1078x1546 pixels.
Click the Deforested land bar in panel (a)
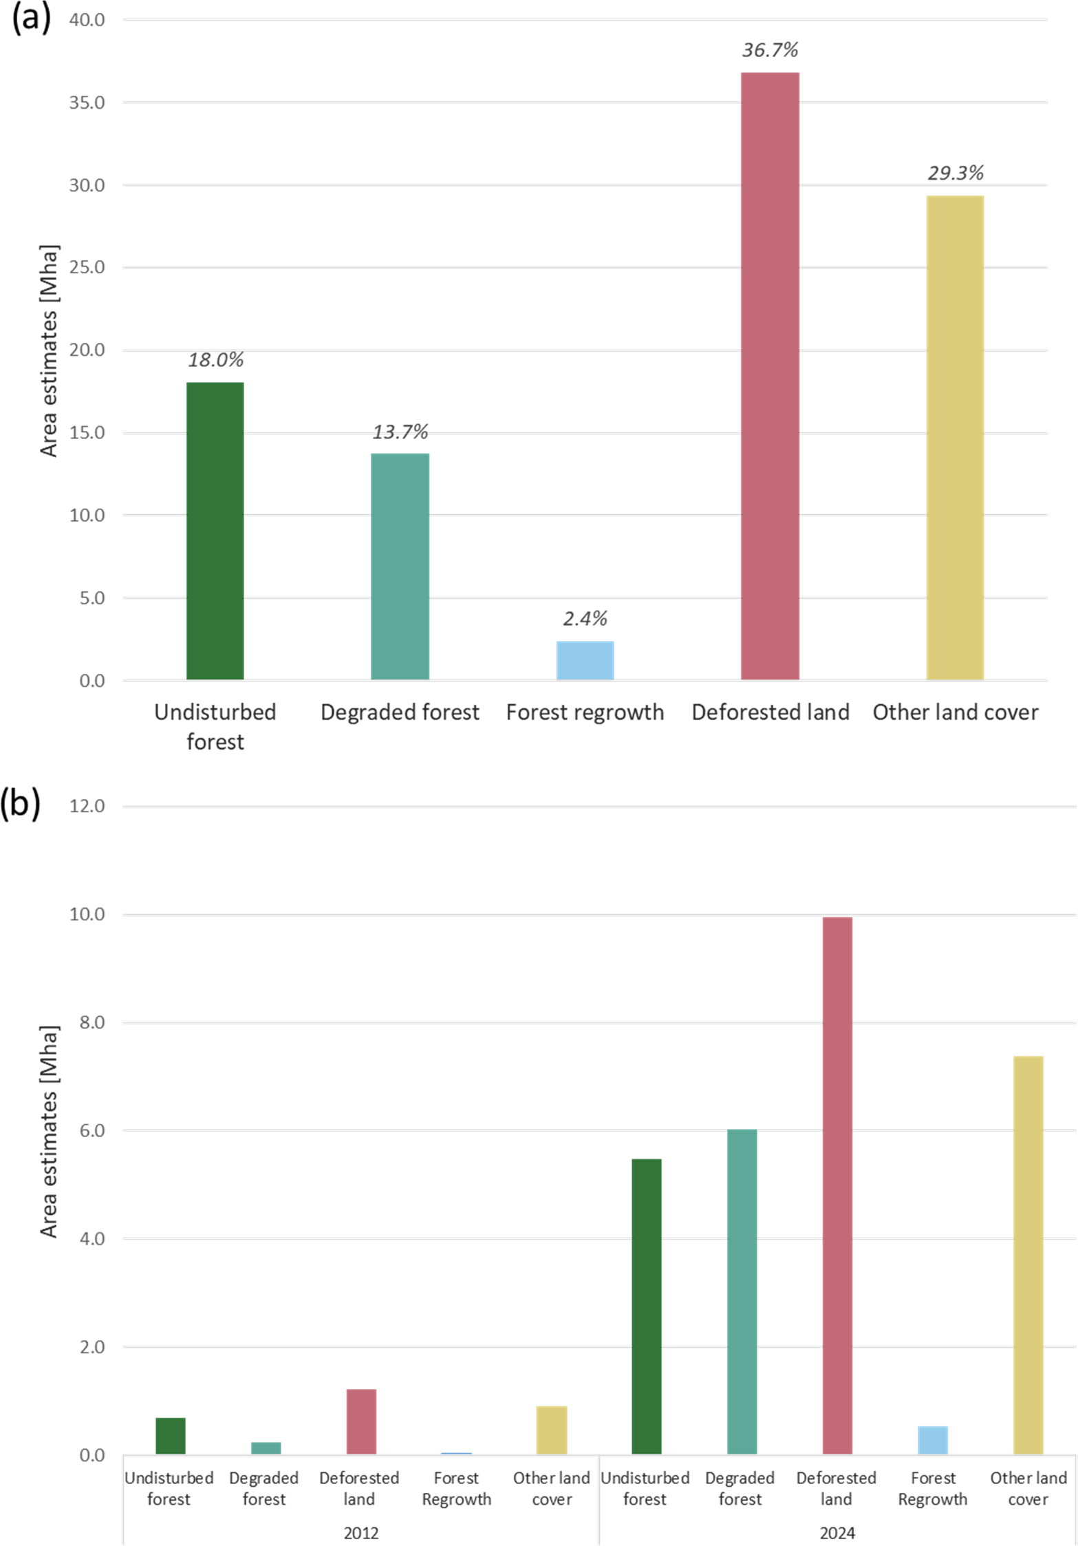click(x=770, y=376)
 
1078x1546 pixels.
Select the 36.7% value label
click(x=770, y=50)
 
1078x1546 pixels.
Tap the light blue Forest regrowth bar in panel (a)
click(x=585, y=660)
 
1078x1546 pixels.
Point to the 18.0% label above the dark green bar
click(x=215, y=359)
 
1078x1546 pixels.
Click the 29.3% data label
click(x=955, y=173)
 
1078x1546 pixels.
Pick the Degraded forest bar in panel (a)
click(x=400, y=566)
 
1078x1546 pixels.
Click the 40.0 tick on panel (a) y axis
click(x=87, y=20)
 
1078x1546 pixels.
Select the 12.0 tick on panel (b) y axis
click(x=87, y=806)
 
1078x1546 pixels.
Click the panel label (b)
click(x=21, y=804)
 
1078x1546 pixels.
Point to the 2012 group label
click(x=361, y=1533)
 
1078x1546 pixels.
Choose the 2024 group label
click(x=837, y=1533)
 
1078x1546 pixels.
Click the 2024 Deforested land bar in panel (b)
click(x=837, y=1185)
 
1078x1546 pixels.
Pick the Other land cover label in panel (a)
click(x=955, y=712)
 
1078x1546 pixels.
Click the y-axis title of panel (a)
click(x=49, y=350)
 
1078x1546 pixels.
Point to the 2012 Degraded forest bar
click(x=266, y=1448)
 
